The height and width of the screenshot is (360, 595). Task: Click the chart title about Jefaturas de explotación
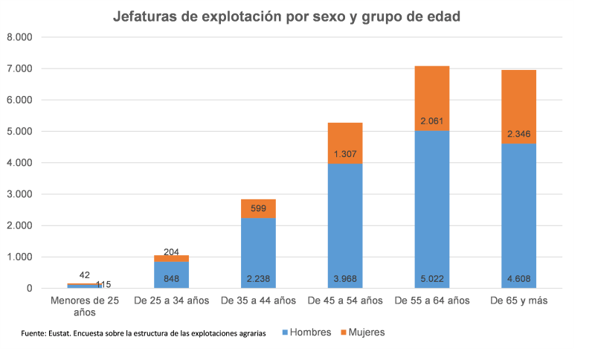(x=297, y=17)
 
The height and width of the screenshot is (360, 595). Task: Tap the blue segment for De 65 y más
(x=519, y=216)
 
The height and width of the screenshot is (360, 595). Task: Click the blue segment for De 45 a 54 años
(x=345, y=223)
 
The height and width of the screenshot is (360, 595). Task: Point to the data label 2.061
(x=432, y=120)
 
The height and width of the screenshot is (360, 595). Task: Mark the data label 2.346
(x=519, y=134)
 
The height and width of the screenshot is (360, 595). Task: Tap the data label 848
(x=171, y=280)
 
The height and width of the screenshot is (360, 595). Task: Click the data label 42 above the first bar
(x=86, y=274)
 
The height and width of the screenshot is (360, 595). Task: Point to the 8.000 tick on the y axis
(x=19, y=37)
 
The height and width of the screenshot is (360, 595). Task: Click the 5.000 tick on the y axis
(x=19, y=132)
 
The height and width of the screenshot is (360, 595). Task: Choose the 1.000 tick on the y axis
(x=19, y=257)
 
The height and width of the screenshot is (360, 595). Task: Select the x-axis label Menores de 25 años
(x=84, y=307)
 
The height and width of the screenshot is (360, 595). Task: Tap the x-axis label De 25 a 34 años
(x=171, y=301)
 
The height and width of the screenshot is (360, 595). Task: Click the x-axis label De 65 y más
(x=519, y=301)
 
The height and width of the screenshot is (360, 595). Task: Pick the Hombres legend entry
(x=306, y=332)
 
